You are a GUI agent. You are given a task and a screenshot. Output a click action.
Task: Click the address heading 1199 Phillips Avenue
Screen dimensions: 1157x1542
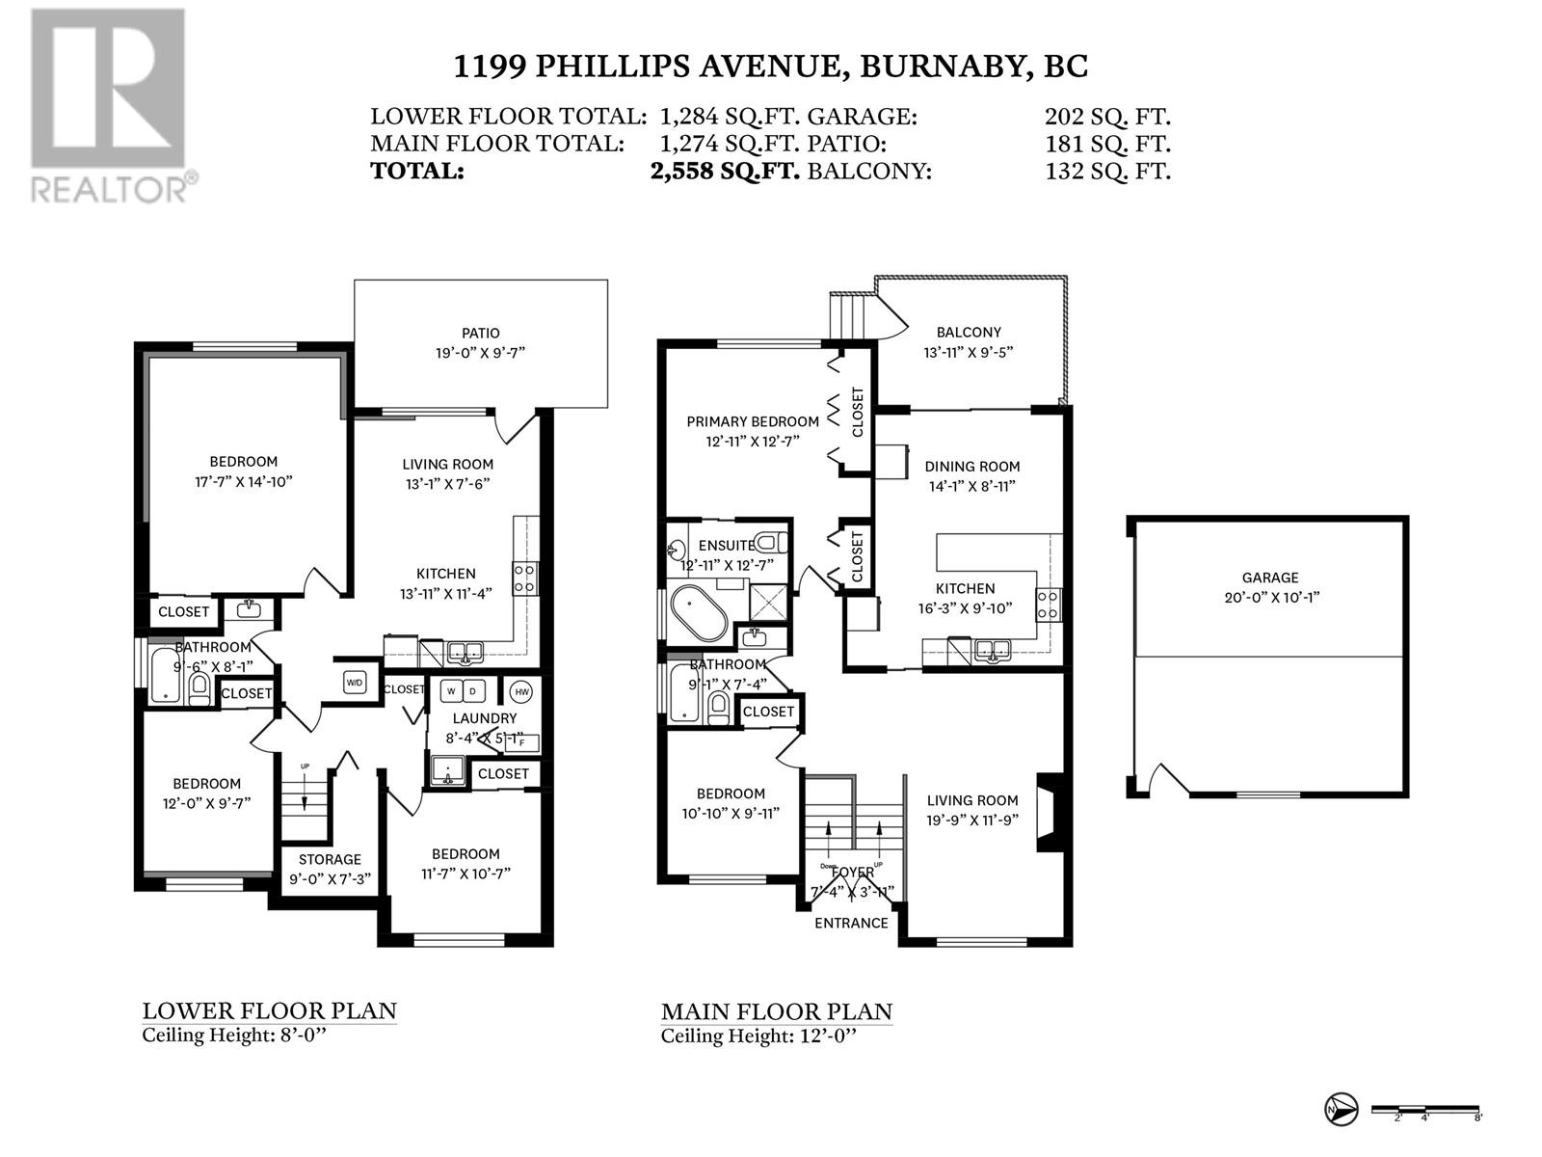pos(770,66)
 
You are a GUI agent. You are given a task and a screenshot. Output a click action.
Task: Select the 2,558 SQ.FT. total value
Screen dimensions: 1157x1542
pos(725,172)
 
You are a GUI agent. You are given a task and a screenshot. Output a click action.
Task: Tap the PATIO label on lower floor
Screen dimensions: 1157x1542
pos(480,334)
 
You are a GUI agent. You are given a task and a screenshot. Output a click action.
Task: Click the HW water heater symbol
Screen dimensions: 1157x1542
pos(521,691)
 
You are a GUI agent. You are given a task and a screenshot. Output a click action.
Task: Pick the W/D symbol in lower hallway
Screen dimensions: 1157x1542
pos(355,683)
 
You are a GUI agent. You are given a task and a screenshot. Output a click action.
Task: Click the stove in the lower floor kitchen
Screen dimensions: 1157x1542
pos(525,578)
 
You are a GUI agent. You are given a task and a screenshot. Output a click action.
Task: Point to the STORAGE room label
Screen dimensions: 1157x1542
pos(330,859)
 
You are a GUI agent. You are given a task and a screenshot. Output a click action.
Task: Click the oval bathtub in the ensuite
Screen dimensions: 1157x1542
pos(702,615)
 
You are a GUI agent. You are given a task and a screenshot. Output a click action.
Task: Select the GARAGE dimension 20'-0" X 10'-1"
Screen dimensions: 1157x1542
pos(1270,597)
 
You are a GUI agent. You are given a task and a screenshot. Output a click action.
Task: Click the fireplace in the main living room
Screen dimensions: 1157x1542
pos(1050,813)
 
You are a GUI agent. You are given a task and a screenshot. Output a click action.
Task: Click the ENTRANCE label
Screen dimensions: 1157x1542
pos(851,923)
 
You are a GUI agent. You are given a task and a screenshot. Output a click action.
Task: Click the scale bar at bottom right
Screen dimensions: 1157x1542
pos(1424,1110)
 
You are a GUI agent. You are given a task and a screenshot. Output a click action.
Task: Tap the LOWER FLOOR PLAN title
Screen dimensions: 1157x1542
pos(270,1010)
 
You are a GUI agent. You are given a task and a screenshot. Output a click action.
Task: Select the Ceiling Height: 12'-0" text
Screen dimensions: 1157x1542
pos(758,1036)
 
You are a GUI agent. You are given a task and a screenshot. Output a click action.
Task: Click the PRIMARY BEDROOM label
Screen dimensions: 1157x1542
pos(753,421)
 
